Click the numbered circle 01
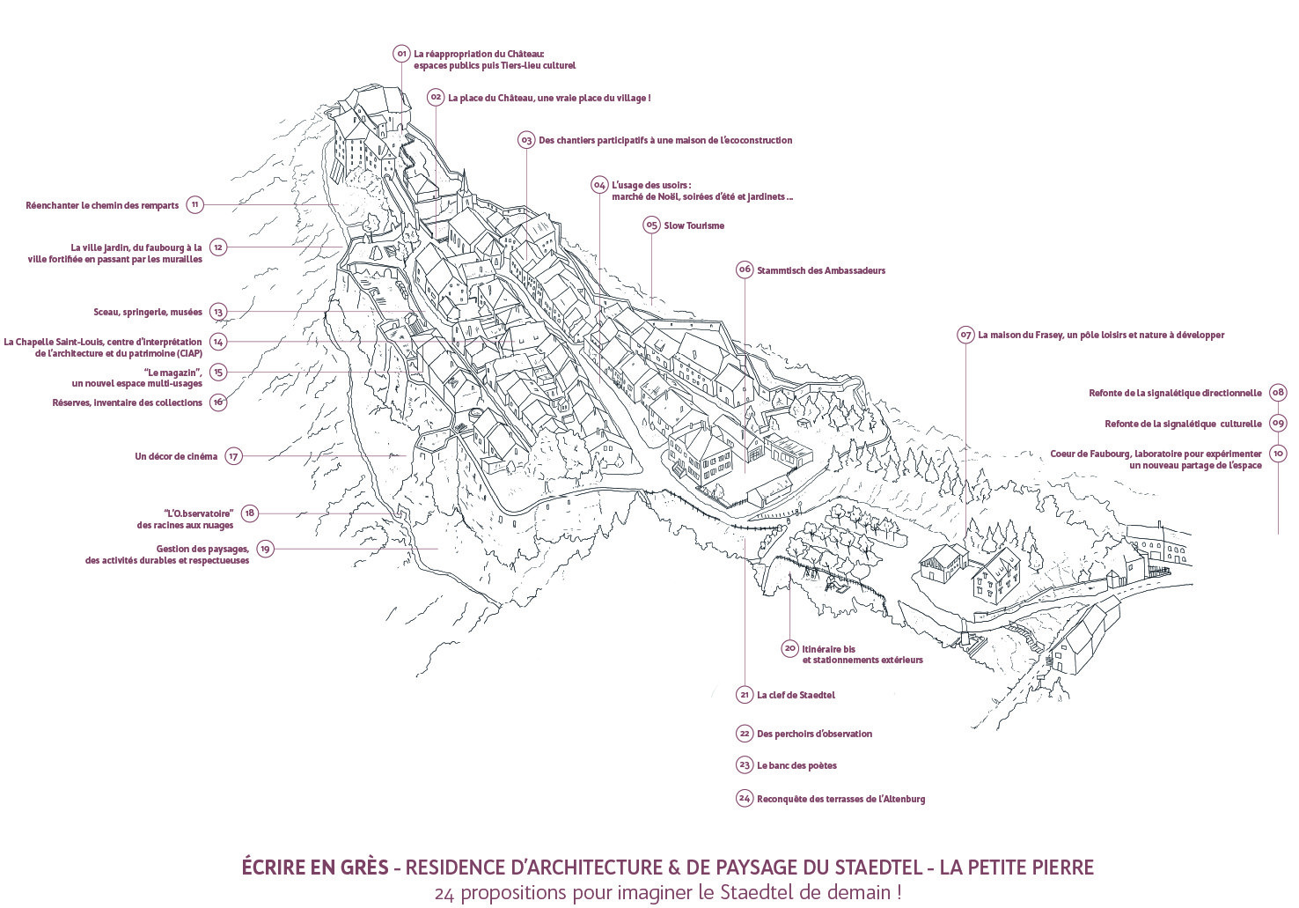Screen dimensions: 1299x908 tap(401, 54)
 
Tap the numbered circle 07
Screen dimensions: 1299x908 tap(965, 335)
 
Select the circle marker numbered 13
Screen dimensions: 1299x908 tap(218, 312)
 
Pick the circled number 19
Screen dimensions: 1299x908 tap(265, 549)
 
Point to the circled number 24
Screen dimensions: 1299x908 tap(745, 798)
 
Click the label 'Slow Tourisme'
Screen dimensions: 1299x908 tap(694, 225)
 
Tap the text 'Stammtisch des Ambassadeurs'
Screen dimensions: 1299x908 tap(821, 270)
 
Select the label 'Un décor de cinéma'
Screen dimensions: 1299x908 tap(176, 456)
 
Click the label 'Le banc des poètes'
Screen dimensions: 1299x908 tap(796, 766)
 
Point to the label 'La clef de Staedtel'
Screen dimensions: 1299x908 tap(796, 695)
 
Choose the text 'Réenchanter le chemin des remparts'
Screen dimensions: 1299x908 tap(102, 205)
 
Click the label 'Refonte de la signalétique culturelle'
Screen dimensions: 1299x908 tap(1183, 424)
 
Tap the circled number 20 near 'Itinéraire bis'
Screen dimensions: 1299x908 tap(789, 648)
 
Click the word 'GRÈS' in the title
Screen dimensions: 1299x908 tap(363, 867)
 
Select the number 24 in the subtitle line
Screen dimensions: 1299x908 tap(444, 893)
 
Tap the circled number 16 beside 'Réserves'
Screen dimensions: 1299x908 tap(218, 402)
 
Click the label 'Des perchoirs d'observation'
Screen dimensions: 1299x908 tap(814, 734)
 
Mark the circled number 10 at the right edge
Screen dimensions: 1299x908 tap(1278, 454)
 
